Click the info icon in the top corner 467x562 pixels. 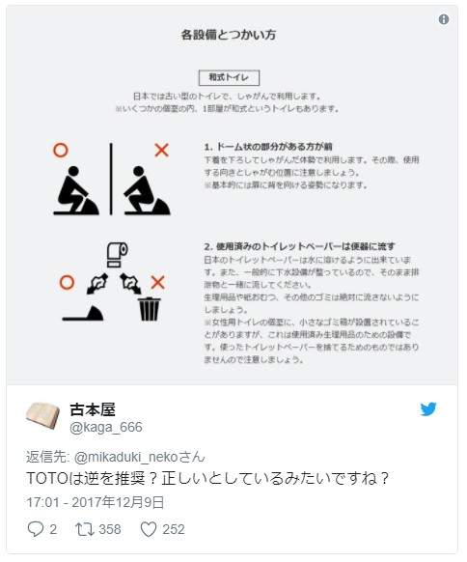[x=444, y=19]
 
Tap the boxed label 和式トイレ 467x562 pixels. [x=229, y=76]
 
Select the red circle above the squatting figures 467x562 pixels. [x=60, y=150]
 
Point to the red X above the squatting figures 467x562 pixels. [x=161, y=150]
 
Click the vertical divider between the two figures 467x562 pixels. [x=112, y=180]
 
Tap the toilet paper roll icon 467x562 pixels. [x=115, y=252]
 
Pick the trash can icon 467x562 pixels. [x=150, y=308]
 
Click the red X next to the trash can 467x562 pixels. [x=159, y=282]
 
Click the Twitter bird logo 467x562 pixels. [x=428, y=409]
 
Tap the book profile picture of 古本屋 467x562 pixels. [x=43, y=416]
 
